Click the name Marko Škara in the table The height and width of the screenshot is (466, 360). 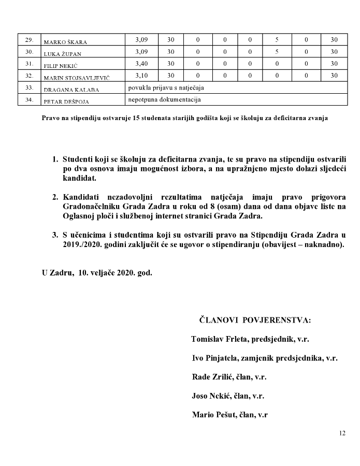[x=65, y=42]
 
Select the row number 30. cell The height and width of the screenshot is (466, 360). [x=29, y=52]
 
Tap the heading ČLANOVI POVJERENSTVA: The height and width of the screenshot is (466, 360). [x=255, y=321]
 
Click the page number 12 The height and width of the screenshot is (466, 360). [x=342, y=433]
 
